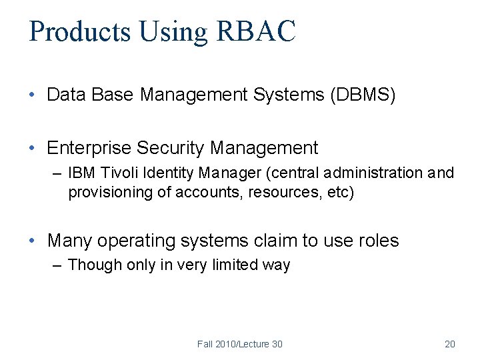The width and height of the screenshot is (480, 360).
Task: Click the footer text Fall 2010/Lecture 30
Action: point(239,344)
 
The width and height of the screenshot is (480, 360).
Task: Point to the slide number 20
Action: point(449,344)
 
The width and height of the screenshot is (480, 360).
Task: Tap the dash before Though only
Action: point(57,265)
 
